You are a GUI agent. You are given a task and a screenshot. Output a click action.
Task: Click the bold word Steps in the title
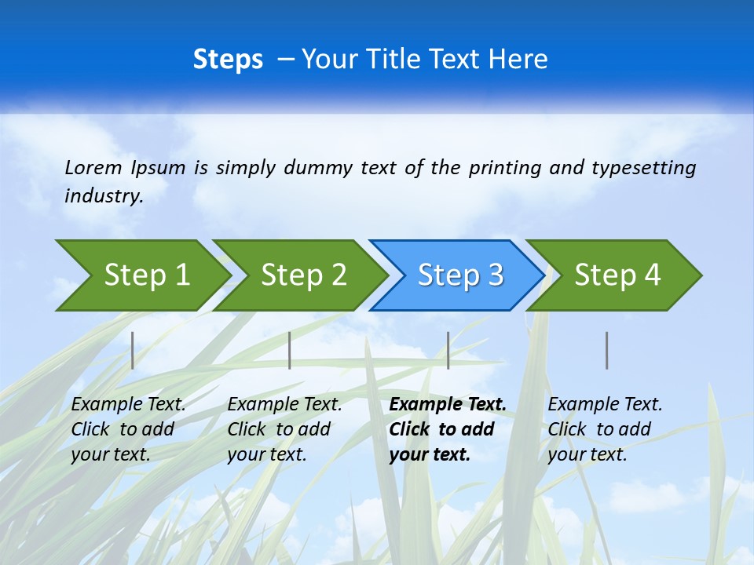228,60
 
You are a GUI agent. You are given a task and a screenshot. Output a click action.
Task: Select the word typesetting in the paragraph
643,168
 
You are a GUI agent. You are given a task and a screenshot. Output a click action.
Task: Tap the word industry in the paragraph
103,196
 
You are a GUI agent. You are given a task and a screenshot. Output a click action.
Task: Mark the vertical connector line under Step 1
133,350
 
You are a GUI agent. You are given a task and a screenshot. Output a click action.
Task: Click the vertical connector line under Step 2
290,350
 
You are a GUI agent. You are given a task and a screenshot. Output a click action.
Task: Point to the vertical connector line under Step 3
448,350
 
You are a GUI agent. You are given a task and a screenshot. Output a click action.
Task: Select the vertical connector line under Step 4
607,350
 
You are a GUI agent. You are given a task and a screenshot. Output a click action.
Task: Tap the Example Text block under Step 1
128,429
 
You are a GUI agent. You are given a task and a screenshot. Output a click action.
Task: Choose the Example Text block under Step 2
284,429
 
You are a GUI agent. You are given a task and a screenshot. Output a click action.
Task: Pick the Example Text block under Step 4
605,429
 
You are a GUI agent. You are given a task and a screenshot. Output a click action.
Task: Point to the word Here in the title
518,60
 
